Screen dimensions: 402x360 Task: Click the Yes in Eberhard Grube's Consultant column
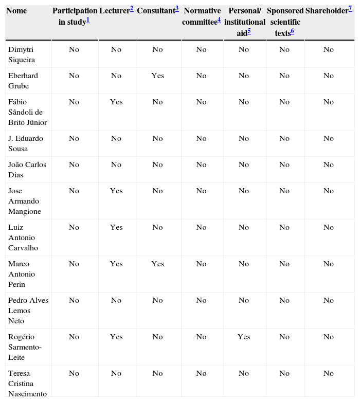(x=157, y=76)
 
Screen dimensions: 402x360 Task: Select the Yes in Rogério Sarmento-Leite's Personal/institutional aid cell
(x=244, y=337)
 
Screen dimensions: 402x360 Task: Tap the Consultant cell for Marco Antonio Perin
(x=157, y=264)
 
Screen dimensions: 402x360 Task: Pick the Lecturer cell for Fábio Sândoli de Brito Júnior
(x=116, y=102)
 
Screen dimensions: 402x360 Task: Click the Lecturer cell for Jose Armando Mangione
(x=116, y=191)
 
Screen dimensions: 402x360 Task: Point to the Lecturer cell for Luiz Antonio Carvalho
(x=116, y=227)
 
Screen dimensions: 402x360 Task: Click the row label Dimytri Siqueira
(x=22, y=54)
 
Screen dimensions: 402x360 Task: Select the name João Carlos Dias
(x=27, y=170)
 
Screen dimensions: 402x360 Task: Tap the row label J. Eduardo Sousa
(x=25, y=143)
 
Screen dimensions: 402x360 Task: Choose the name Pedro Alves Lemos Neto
(x=28, y=310)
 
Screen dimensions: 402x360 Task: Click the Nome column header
(x=16, y=11)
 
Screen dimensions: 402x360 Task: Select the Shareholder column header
(x=327, y=11)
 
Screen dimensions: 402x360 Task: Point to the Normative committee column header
(x=201, y=16)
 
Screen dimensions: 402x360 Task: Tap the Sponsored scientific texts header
(x=285, y=22)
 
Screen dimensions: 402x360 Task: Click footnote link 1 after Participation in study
(x=88, y=20)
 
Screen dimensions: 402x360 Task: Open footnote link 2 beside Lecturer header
(x=132, y=9)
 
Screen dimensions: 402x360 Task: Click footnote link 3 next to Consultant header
(x=176, y=9)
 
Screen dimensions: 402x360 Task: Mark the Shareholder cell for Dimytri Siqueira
(x=329, y=49)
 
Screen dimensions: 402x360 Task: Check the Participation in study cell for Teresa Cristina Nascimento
(x=74, y=373)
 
